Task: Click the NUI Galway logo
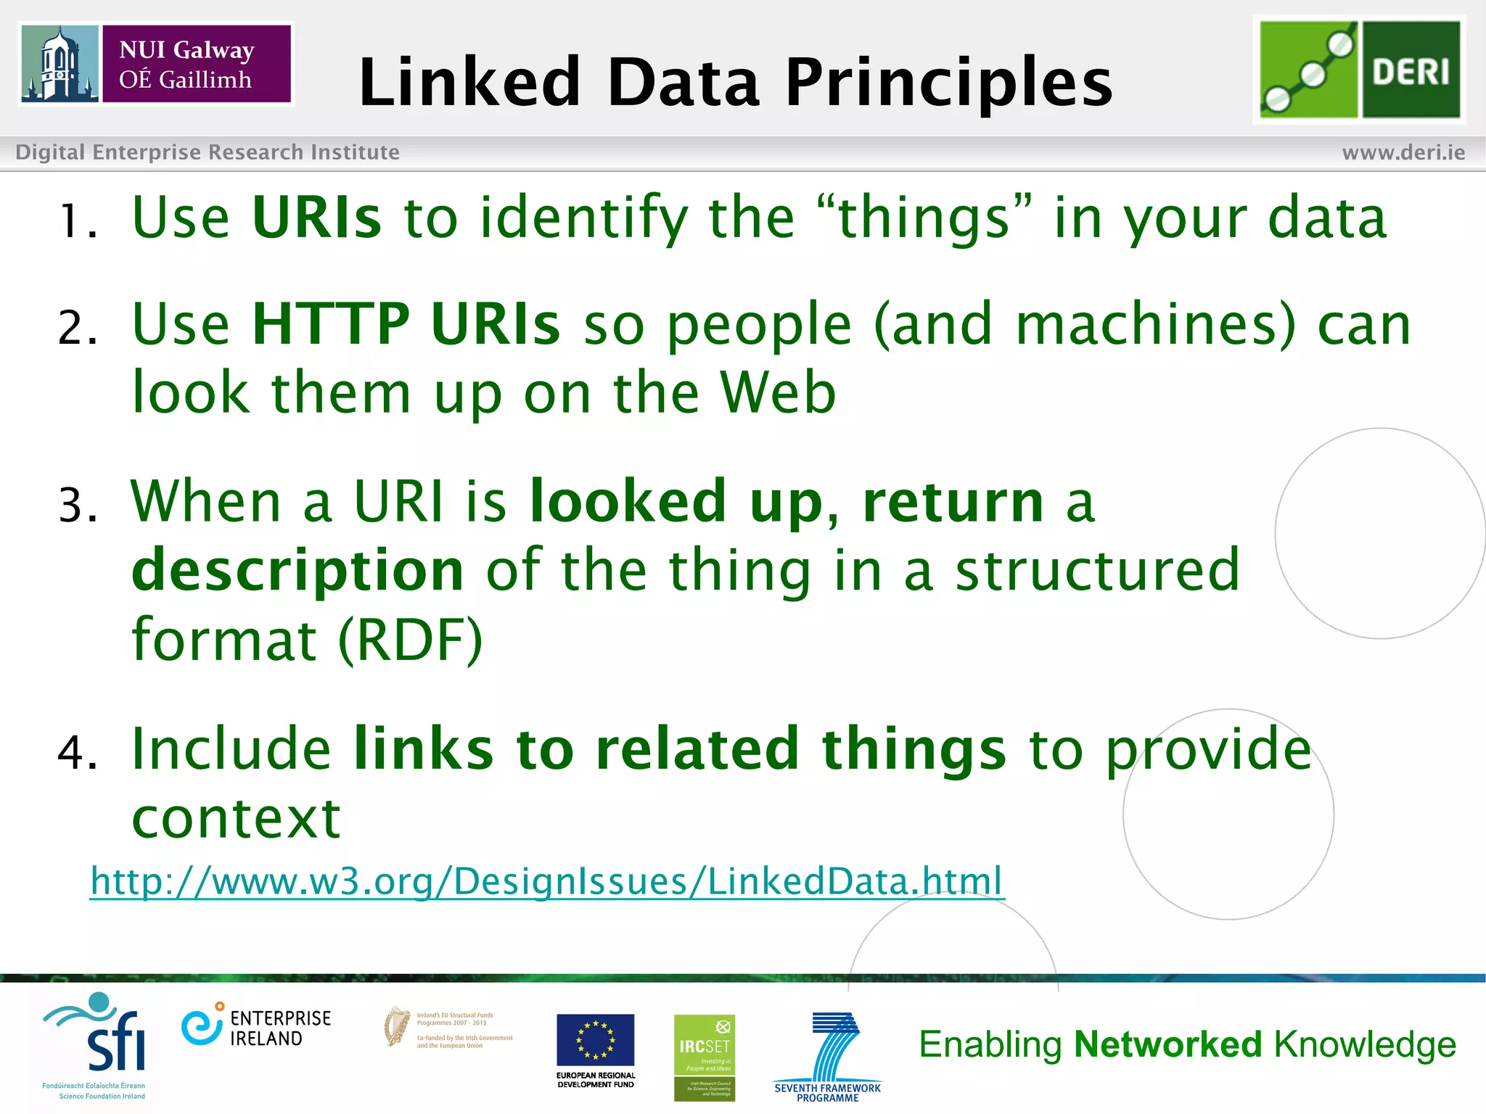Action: click(155, 64)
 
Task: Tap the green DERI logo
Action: click(1359, 70)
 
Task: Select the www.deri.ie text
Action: click(1403, 152)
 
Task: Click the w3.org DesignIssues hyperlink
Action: click(547, 881)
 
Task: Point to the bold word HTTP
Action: click(331, 324)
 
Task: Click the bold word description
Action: click(297, 570)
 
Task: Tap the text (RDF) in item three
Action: click(411, 640)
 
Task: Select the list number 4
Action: click(76, 752)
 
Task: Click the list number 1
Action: click(76, 220)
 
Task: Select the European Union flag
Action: click(595, 1040)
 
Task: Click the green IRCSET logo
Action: click(704, 1057)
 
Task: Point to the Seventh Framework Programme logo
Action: click(828, 1056)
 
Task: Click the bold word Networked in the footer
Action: click(1167, 1044)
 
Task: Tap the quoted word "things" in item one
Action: click(924, 217)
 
